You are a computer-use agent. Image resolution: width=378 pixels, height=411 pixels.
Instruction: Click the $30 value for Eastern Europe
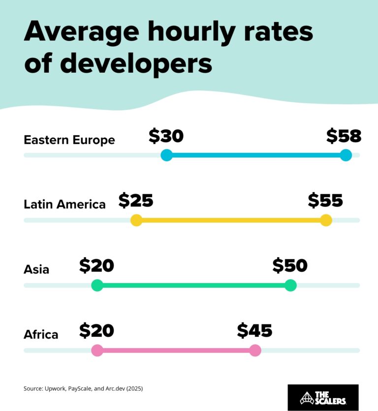tap(166, 136)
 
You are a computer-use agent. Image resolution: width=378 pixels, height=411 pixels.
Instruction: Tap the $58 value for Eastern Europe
tap(344, 136)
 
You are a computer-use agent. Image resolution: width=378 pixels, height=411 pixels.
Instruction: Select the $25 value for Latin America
tap(136, 201)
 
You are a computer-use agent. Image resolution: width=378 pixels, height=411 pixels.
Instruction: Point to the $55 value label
tap(325, 201)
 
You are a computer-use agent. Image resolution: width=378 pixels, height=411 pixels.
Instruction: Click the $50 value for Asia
tap(290, 265)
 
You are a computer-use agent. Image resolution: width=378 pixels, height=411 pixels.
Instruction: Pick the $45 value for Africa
tap(254, 331)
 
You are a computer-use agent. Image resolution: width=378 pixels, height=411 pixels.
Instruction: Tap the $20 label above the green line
tap(96, 265)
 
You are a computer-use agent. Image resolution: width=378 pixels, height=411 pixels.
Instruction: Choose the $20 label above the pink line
tap(96, 331)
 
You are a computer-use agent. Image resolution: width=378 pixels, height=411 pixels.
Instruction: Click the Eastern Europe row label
tap(69, 140)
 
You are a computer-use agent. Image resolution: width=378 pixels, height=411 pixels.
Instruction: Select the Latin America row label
tap(64, 205)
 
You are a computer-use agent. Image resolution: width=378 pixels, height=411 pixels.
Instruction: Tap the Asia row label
tap(36, 269)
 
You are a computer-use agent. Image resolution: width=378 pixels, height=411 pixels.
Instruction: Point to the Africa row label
tap(41, 335)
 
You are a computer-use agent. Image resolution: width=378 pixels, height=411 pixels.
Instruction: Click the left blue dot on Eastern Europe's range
tap(166, 155)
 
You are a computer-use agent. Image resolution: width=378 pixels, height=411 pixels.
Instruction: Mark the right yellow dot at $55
tap(326, 220)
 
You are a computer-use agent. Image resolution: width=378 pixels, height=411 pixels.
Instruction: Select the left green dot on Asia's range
tap(97, 285)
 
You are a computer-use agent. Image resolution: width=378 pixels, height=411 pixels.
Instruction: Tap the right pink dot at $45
tap(255, 351)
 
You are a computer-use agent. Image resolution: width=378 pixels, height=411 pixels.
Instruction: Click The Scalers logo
tap(323, 397)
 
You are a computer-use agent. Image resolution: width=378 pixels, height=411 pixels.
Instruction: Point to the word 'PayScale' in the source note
tap(79, 389)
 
